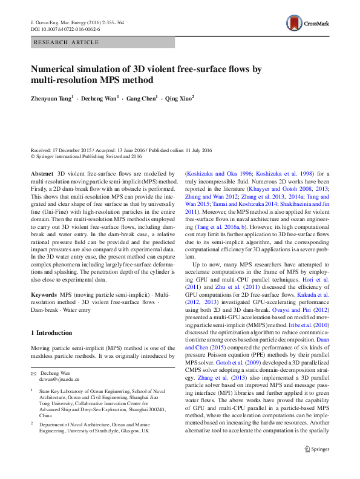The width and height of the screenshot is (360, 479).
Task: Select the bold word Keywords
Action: tap(44, 294)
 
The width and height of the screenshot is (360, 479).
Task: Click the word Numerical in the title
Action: tap(54, 70)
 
